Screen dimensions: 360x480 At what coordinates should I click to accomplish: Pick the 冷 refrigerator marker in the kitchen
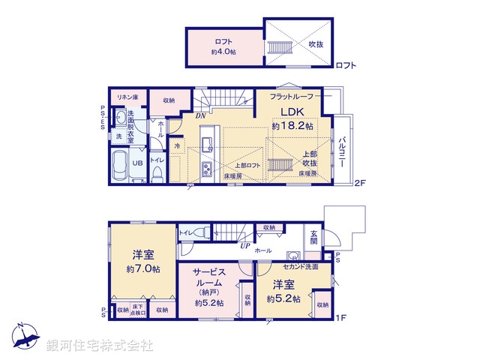point(177,145)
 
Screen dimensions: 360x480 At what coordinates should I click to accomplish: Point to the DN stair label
point(201,116)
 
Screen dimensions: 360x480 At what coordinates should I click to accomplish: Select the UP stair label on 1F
point(244,245)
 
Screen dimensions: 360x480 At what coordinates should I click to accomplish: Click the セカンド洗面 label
point(302,267)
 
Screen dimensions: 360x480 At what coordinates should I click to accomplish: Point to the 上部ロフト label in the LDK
point(247,166)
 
